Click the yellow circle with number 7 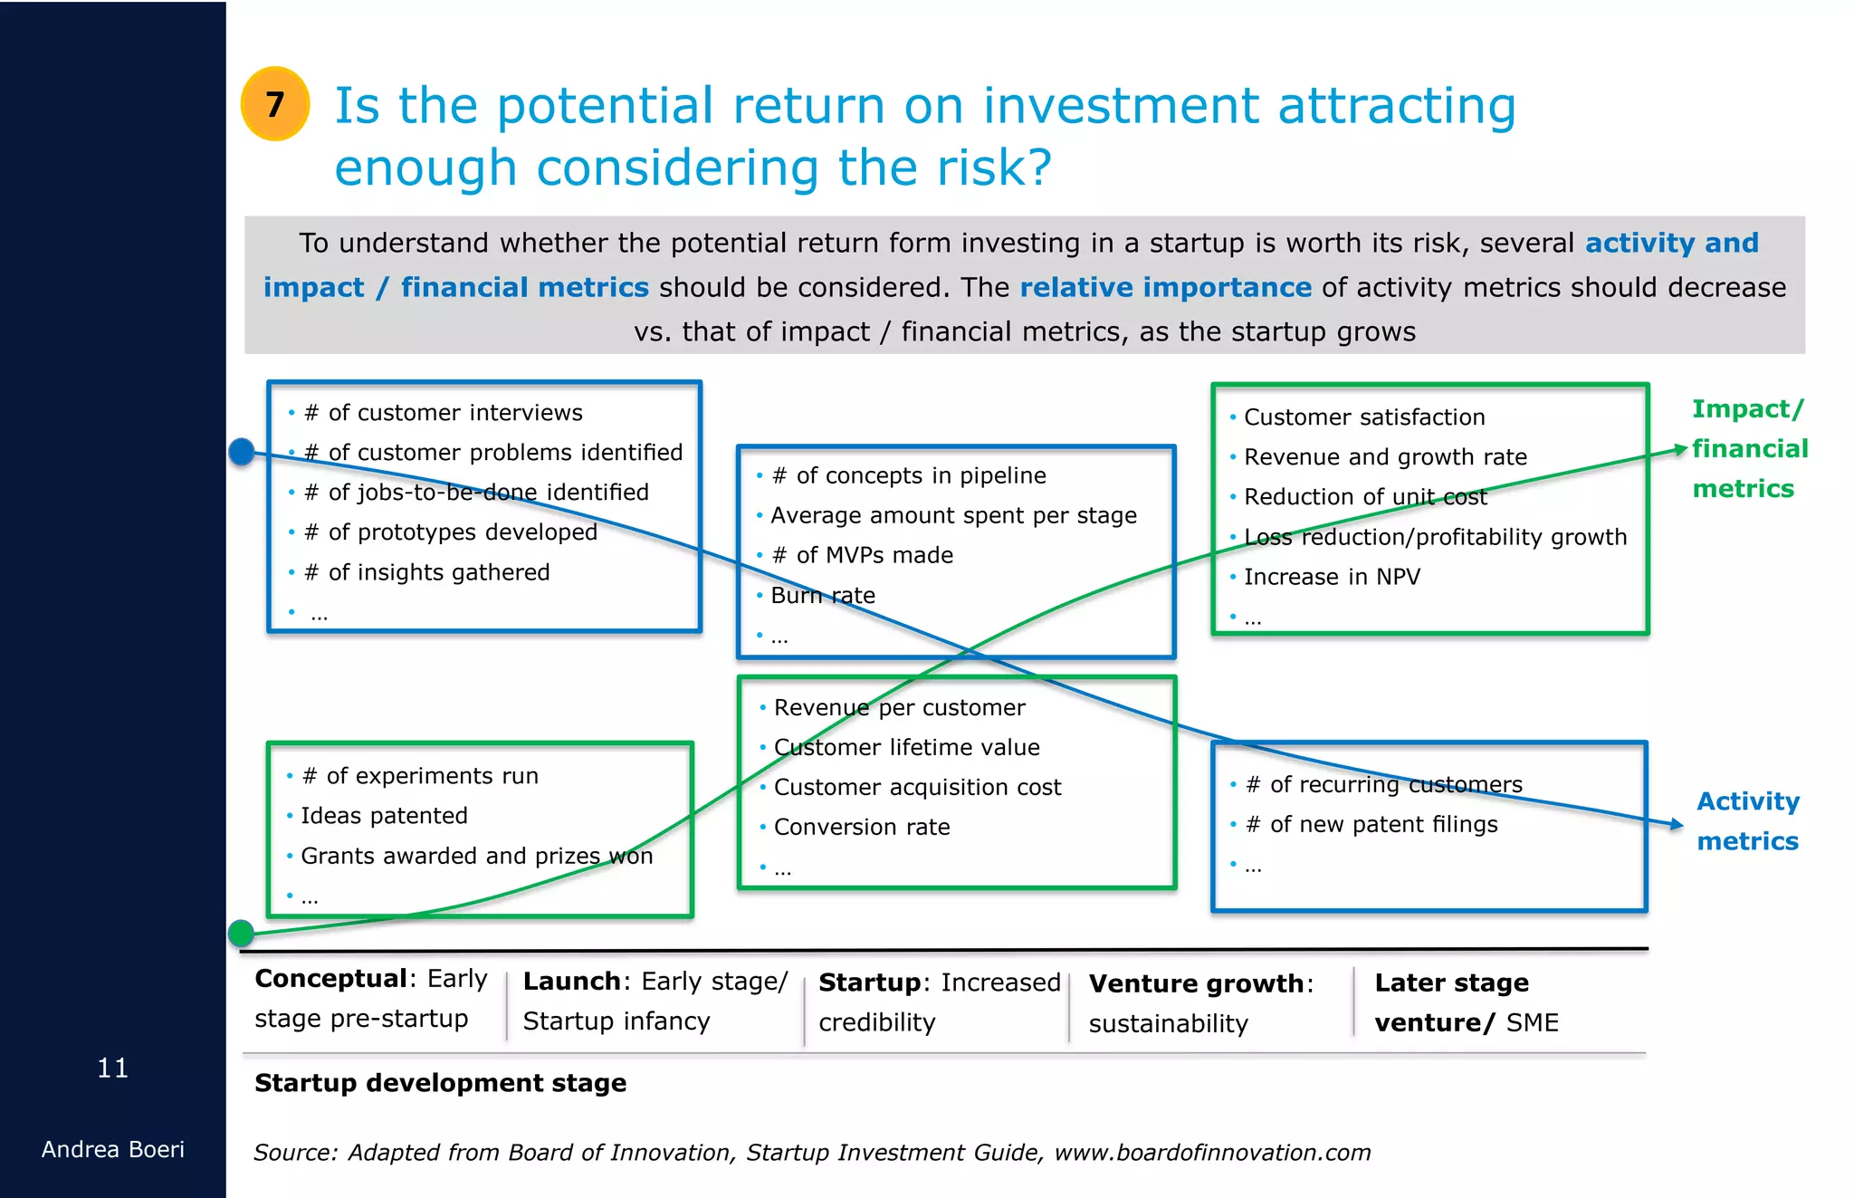pyautogui.click(x=275, y=104)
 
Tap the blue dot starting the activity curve pyautogui.click(x=242, y=451)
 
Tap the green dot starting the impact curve pyautogui.click(x=241, y=932)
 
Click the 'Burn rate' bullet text pyautogui.click(x=822, y=596)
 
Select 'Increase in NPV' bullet pyautogui.click(x=1331, y=577)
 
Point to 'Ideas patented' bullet pyautogui.click(x=384, y=816)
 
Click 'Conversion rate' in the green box pyautogui.click(x=861, y=827)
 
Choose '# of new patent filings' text pyautogui.click(x=1371, y=824)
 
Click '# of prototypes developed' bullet pyautogui.click(x=450, y=532)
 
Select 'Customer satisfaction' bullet pyautogui.click(x=1363, y=417)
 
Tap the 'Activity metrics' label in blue pyautogui.click(x=1747, y=821)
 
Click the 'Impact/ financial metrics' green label pyautogui.click(x=1749, y=449)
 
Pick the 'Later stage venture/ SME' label pyautogui.click(x=1465, y=1002)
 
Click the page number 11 pyautogui.click(x=112, y=1069)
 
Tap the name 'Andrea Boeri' pyautogui.click(x=112, y=1150)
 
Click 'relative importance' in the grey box pyautogui.click(x=1165, y=287)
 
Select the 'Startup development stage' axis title pyautogui.click(x=440, y=1083)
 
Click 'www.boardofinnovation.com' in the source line pyautogui.click(x=1212, y=1153)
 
